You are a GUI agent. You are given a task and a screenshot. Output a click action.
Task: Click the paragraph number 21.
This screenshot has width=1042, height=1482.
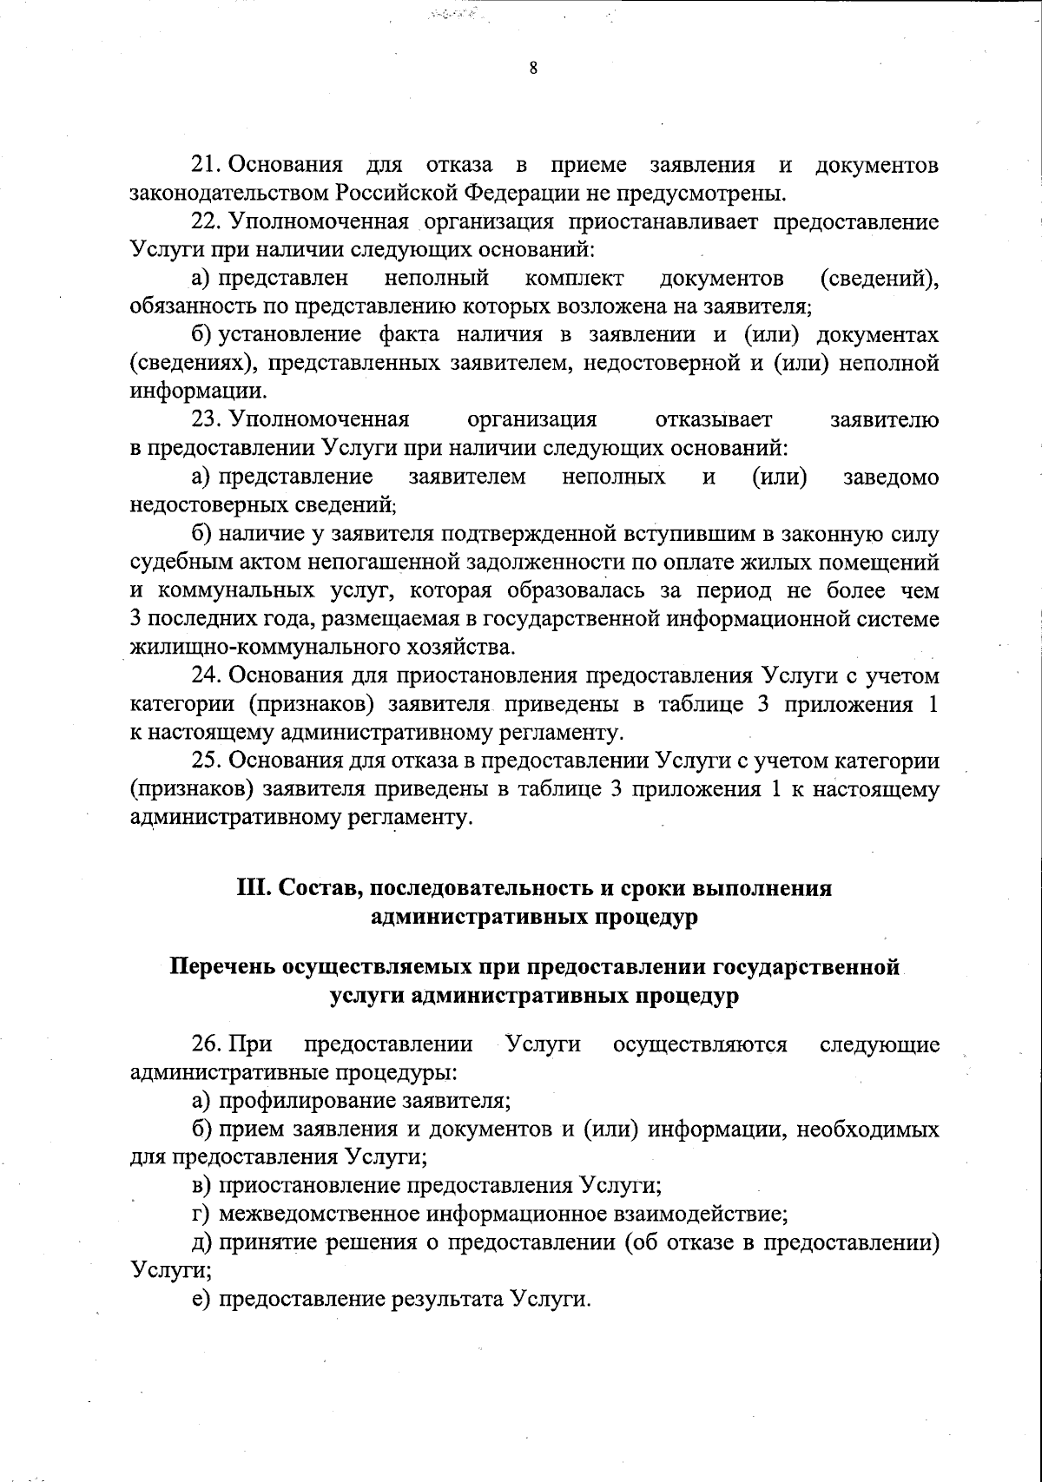[208, 165]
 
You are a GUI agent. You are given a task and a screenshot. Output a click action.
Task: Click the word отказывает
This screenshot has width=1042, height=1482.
[714, 420]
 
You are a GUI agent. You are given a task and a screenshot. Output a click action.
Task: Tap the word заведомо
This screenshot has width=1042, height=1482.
[891, 477]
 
